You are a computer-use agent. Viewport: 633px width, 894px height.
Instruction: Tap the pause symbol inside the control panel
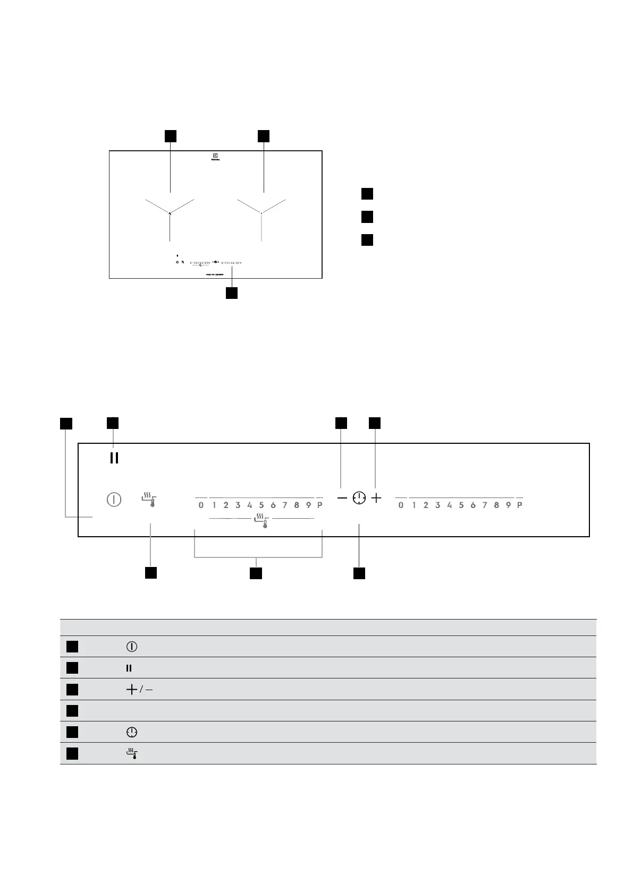click(114, 458)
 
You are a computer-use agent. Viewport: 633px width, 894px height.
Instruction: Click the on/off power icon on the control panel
click(114, 500)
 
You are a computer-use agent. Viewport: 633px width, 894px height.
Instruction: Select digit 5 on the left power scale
click(261, 505)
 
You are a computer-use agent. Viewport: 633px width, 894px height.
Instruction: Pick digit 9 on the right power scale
click(508, 505)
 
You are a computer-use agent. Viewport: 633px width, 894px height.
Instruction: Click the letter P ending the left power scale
click(319, 505)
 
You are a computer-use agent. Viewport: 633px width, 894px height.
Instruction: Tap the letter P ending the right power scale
click(520, 505)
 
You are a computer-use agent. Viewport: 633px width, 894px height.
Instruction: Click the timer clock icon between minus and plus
click(359, 498)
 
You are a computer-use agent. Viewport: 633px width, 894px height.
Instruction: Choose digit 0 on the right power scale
click(401, 505)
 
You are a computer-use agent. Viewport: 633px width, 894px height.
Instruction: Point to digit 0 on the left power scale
click(201, 505)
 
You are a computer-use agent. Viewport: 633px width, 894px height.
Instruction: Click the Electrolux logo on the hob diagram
click(216, 157)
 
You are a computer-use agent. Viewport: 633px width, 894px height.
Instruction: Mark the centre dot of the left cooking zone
click(170, 213)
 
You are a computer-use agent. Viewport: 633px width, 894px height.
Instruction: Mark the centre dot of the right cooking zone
click(261, 213)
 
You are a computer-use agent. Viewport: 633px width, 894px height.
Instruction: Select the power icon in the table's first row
click(132, 647)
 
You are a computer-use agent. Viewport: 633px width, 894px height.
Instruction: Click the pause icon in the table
click(129, 668)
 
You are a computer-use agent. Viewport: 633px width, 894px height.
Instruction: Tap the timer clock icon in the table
click(131, 732)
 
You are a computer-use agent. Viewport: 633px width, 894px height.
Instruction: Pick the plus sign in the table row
click(131, 690)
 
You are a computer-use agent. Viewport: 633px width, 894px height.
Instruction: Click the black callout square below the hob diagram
click(231, 293)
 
